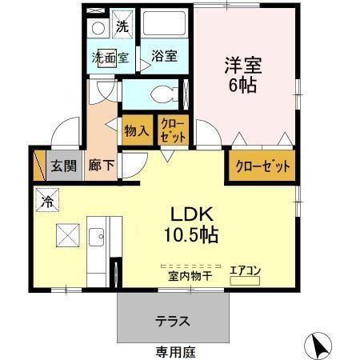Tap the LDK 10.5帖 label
(191, 225)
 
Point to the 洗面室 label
(110, 58)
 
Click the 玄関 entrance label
(64, 166)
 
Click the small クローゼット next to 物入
(173, 130)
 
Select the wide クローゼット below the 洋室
(262, 167)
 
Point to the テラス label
(172, 322)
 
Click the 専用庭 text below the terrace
(175, 351)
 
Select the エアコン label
(246, 270)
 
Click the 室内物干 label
(189, 276)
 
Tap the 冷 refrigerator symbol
(48, 200)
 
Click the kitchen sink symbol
(97, 236)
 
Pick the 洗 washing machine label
(122, 25)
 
